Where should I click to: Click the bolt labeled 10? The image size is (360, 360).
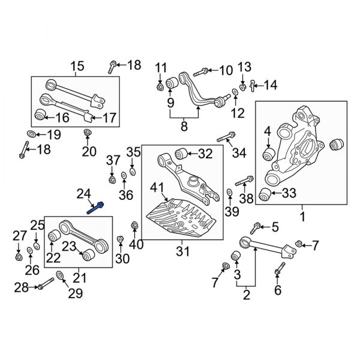[202, 71]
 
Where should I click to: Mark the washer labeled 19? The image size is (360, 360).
[31, 133]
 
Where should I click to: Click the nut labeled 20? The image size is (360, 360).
[87, 133]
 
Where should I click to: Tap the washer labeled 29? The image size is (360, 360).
[59, 276]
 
